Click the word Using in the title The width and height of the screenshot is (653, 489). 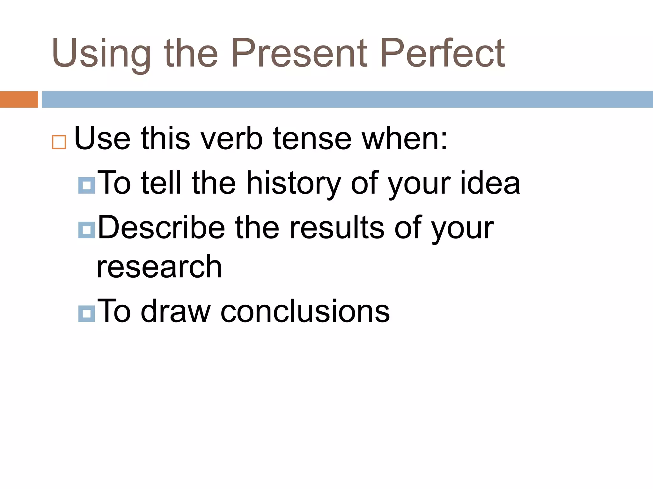[101, 53]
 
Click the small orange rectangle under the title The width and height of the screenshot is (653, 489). [19, 99]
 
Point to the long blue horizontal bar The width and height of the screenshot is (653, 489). [347, 99]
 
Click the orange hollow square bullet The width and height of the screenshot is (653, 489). [59, 142]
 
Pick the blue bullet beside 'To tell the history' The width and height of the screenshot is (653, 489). [86, 186]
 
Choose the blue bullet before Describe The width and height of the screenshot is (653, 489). [86, 230]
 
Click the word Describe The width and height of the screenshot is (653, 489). [161, 227]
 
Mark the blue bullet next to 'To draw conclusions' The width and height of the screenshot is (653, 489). [86, 314]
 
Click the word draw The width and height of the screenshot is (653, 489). [176, 311]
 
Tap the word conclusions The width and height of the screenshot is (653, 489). [305, 311]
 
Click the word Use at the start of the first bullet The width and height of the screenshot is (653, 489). [102, 139]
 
